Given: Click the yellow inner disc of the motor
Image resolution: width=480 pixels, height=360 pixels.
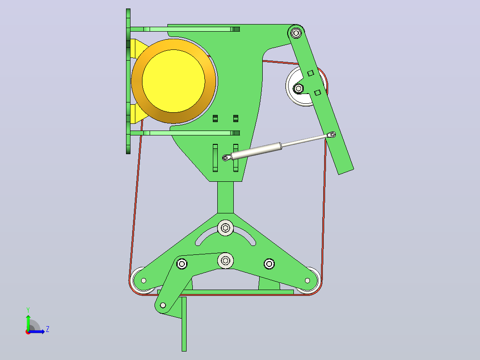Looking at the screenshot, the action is coord(174,81).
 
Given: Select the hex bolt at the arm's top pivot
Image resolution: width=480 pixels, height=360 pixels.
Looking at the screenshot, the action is coord(296,33).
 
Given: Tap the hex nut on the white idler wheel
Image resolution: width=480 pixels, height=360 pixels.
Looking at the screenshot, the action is coord(298,89).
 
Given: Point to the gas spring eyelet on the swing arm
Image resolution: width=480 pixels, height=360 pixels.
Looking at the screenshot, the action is coord(333,134).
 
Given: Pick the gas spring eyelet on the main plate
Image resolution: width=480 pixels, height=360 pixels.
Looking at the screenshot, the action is coord(226,158).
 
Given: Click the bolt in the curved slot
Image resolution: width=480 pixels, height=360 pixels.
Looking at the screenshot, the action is coord(226,228).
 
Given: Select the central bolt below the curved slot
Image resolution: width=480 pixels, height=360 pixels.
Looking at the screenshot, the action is coord(226,261).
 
